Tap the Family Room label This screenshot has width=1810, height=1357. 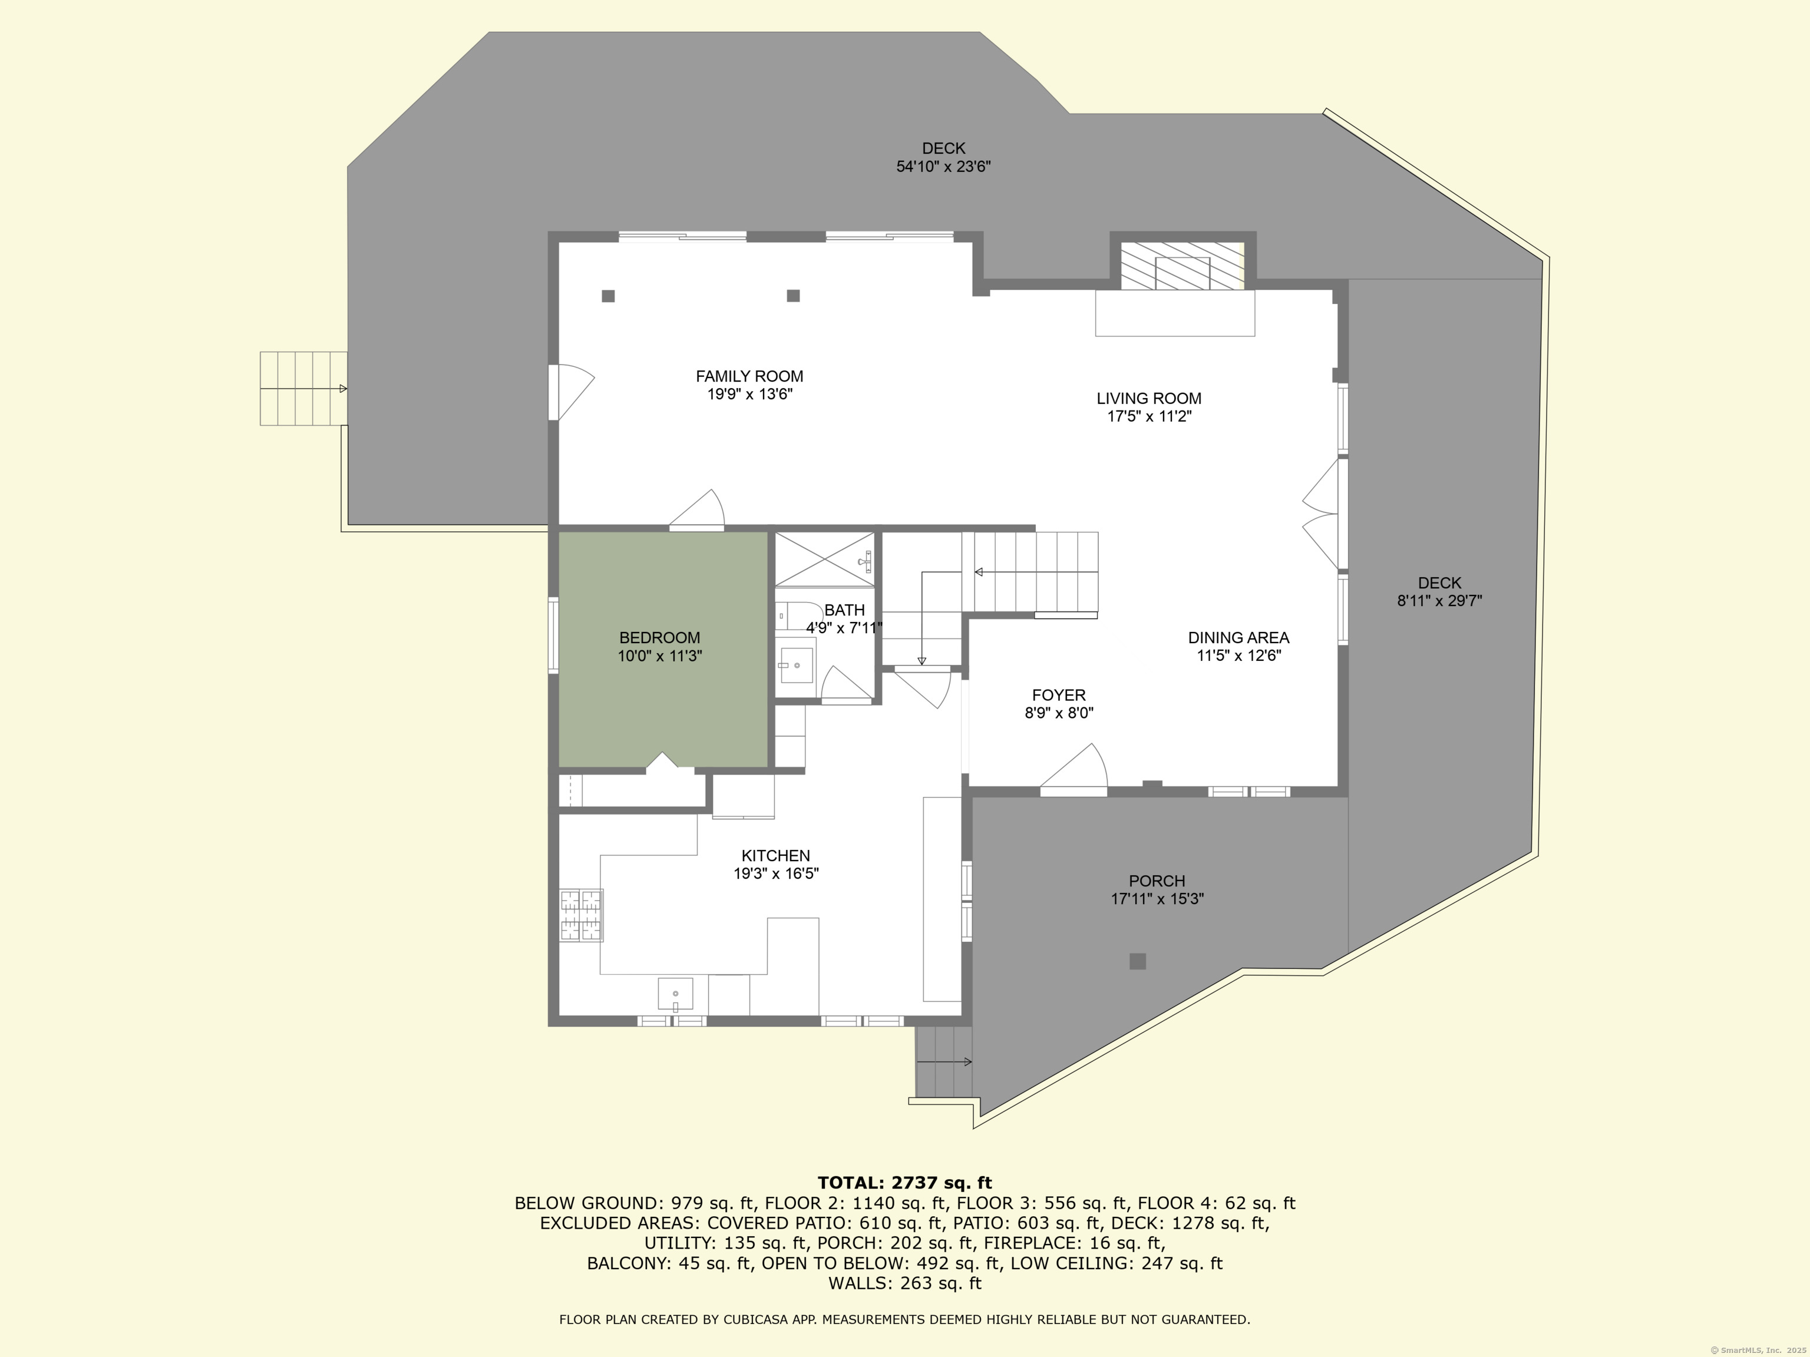[x=749, y=376]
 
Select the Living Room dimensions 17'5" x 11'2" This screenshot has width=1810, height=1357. [x=1149, y=416]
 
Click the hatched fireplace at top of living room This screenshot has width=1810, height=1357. [x=1181, y=265]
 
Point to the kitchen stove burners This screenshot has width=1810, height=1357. [x=581, y=915]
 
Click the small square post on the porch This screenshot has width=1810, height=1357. [x=1137, y=961]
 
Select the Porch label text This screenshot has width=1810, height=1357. [x=1156, y=881]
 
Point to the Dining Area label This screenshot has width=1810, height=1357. [x=1238, y=637]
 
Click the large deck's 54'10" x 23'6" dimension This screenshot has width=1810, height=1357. [x=943, y=167]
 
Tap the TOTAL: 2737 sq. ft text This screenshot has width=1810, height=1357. [x=904, y=1182]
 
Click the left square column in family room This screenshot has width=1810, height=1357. [x=608, y=296]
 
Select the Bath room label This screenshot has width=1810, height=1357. [x=844, y=610]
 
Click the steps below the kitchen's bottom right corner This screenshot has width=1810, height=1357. [x=943, y=1062]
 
